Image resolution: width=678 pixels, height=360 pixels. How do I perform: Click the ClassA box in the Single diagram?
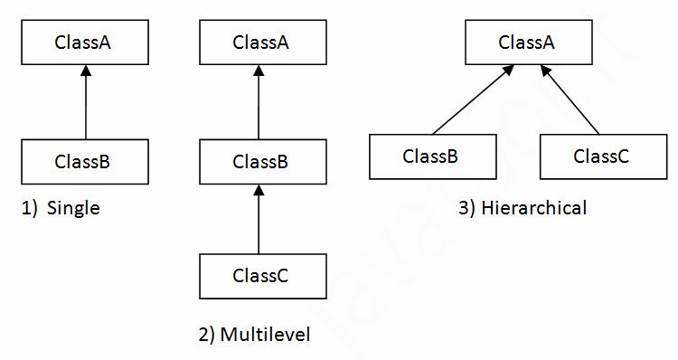click(84, 43)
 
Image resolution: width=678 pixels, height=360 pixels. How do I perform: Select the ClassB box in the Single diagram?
click(84, 162)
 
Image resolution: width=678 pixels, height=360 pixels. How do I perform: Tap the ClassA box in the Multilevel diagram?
click(260, 43)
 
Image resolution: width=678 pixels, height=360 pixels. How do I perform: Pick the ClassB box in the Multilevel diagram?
click(260, 162)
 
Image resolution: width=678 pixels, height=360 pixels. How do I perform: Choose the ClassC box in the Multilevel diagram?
click(260, 276)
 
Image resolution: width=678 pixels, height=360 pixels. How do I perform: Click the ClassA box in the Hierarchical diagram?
click(527, 43)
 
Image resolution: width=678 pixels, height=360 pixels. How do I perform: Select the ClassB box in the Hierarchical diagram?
click(431, 156)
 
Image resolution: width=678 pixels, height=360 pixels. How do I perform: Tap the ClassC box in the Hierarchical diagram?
click(602, 156)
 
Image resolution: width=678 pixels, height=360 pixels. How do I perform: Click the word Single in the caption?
click(72, 209)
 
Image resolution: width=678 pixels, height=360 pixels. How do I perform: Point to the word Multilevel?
click(266, 336)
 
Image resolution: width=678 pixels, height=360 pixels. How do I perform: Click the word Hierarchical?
click(534, 209)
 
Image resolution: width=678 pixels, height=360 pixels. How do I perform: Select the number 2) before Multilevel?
click(207, 336)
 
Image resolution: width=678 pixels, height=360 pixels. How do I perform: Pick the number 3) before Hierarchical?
click(466, 209)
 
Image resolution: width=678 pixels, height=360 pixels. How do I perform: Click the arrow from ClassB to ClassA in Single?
click(84, 104)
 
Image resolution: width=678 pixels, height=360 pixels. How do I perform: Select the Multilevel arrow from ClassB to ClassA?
click(260, 104)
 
